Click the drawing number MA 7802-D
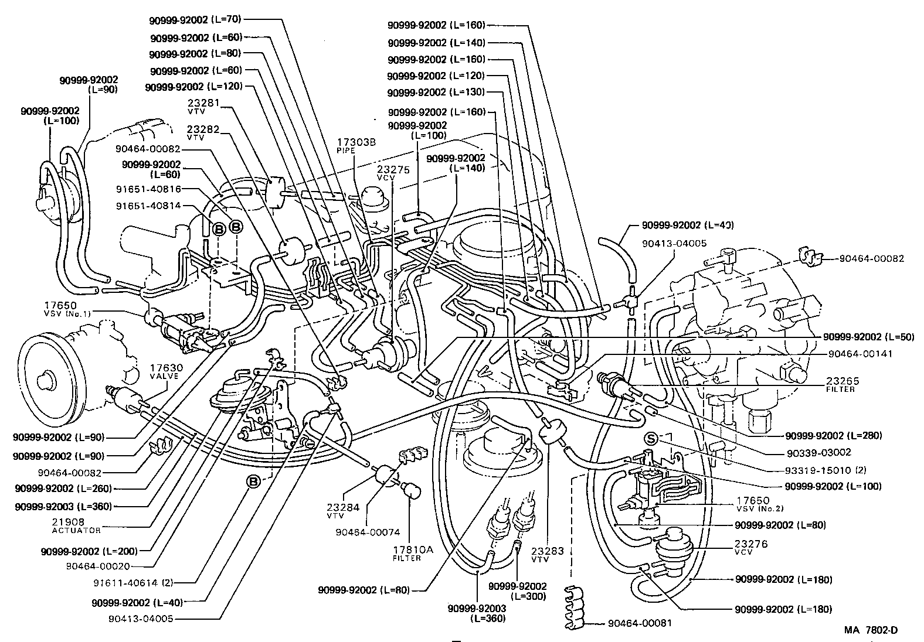coord(871,630)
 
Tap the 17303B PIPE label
coord(352,145)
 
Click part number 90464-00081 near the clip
coord(640,624)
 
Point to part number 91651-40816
coord(148,189)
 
